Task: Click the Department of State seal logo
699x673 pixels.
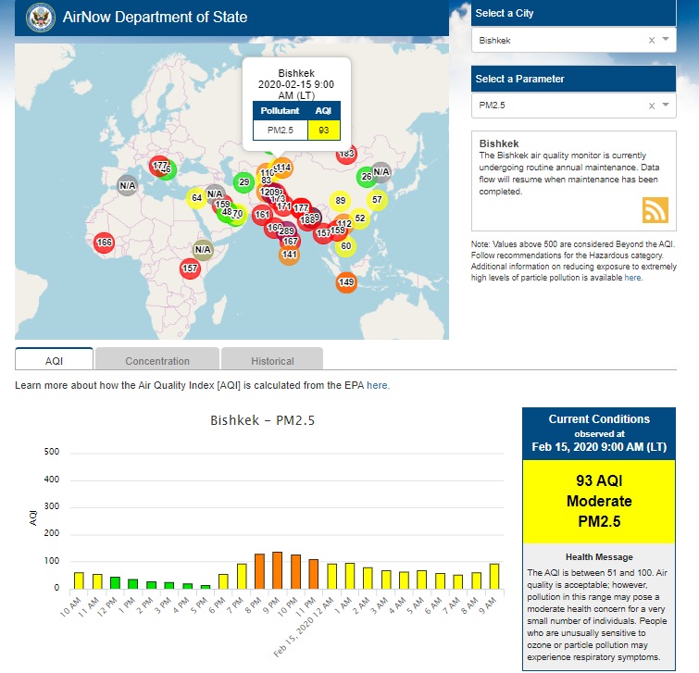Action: [40, 17]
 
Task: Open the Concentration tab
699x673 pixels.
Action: [157, 360]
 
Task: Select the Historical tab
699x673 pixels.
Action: [272, 360]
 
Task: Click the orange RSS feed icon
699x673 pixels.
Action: [655, 210]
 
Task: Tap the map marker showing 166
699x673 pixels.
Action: [104, 243]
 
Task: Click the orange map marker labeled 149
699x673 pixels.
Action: [346, 282]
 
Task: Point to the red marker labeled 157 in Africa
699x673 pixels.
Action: [190, 268]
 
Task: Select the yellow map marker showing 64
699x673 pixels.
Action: [196, 198]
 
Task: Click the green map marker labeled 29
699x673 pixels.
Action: [243, 182]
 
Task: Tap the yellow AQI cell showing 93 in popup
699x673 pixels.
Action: [323, 130]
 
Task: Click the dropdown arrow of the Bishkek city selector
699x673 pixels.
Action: [666, 40]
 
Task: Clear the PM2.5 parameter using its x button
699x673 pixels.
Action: [651, 106]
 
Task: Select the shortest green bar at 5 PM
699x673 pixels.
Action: [206, 586]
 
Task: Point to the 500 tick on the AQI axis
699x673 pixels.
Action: [52, 452]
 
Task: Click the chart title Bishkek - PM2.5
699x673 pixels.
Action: [263, 421]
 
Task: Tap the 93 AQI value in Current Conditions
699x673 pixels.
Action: [597, 481]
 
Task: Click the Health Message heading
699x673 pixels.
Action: [598, 556]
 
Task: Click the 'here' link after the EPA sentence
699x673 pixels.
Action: [378, 385]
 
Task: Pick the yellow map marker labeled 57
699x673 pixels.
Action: [377, 199]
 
